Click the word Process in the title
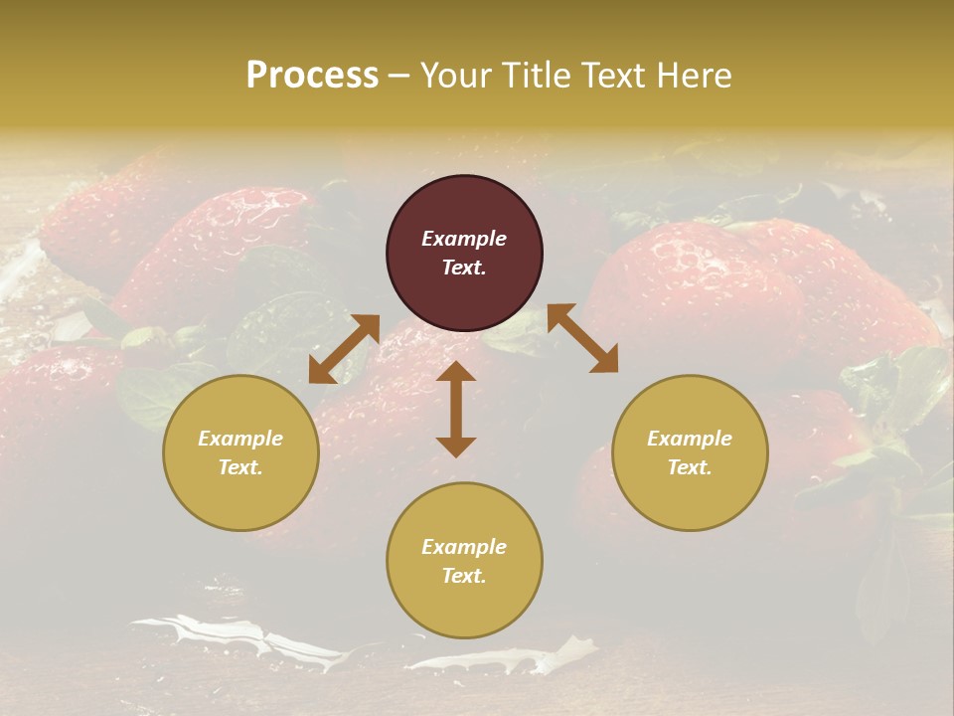tap(312, 76)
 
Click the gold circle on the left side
tap(240, 452)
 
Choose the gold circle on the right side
tap(690, 452)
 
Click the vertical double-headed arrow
tap(456, 409)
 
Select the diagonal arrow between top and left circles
tap(344, 349)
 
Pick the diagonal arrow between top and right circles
tap(582, 339)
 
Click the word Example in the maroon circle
tap(464, 239)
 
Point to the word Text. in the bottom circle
tap(464, 576)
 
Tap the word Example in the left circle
tap(240, 439)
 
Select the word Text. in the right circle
tap(690, 467)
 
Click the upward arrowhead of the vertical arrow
tap(456, 372)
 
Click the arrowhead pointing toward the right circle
tap(604, 360)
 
